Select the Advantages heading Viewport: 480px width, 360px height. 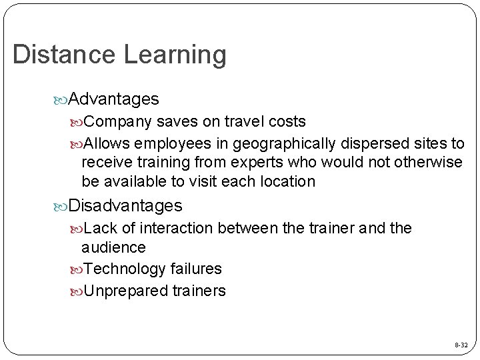click(113, 99)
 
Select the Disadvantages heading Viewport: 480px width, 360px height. click(125, 205)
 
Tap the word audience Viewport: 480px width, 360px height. click(113, 247)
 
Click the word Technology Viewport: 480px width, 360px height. click(125, 269)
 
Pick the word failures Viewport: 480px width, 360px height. click(195, 269)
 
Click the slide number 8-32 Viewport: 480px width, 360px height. click(461, 345)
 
